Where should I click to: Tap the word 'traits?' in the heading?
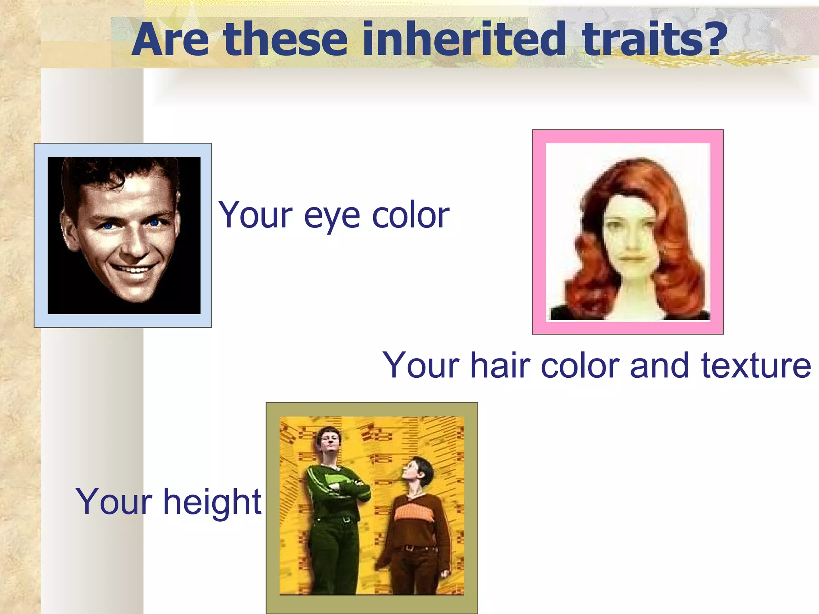[648, 39]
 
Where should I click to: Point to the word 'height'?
[212, 502]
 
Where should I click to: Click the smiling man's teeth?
[134, 269]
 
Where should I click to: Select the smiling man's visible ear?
[69, 232]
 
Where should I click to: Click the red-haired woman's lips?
[633, 259]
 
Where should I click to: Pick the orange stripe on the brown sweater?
[414, 514]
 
